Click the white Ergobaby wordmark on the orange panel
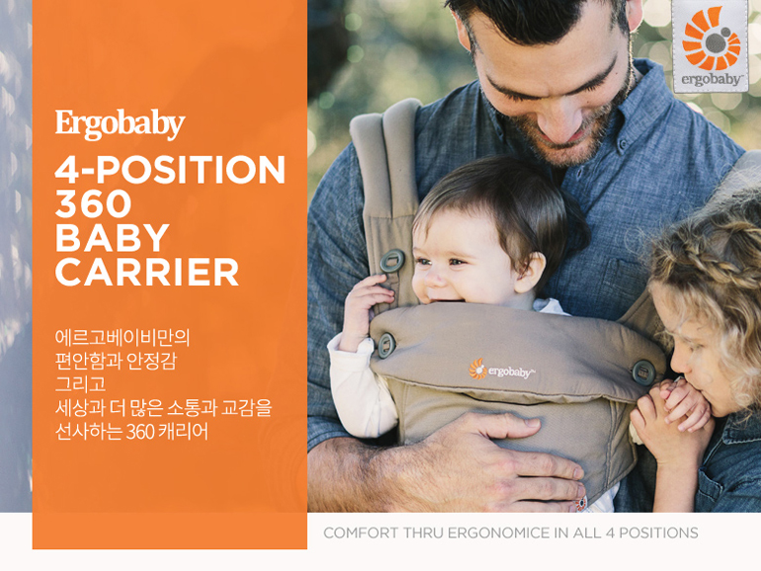coord(120,124)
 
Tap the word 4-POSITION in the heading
coord(170,170)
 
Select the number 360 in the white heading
coord(93,204)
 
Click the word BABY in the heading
coord(112,238)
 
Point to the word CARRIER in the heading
coord(147,272)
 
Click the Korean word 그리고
coord(80,384)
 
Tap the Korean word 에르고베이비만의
coord(122,337)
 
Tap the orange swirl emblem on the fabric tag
coord(711,39)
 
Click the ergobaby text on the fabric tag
coord(711,80)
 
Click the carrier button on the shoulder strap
coord(392,261)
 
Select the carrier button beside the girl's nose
coord(643,372)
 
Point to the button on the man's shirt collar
coord(622,144)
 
